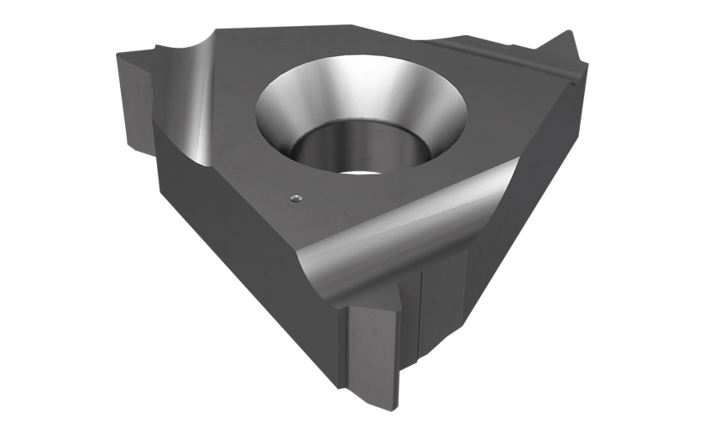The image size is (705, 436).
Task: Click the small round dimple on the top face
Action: point(293,197)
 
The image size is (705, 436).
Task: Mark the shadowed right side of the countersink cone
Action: point(436,109)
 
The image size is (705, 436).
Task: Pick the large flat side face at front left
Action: point(235,252)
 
